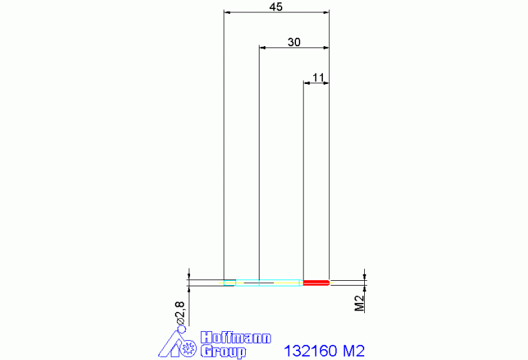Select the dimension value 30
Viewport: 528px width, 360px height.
tap(294, 42)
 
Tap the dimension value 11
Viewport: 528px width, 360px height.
tap(317, 78)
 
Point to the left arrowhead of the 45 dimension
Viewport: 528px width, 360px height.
tap(228, 12)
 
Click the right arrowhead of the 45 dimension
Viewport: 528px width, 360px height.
tap(326, 12)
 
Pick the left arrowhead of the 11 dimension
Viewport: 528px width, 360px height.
tap(308, 83)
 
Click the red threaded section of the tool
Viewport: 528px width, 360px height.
tap(316, 282)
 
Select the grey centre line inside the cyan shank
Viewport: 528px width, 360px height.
tap(259, 282)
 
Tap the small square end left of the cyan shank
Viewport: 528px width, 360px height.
tap(229, 282)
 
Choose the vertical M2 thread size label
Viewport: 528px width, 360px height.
tap(359, 304)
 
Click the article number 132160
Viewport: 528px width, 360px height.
tap(310, 351)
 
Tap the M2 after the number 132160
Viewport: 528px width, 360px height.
tap(352, 351)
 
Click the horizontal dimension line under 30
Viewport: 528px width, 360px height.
tap(294, 47)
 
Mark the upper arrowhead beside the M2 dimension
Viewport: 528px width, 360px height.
tap(364, 274)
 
